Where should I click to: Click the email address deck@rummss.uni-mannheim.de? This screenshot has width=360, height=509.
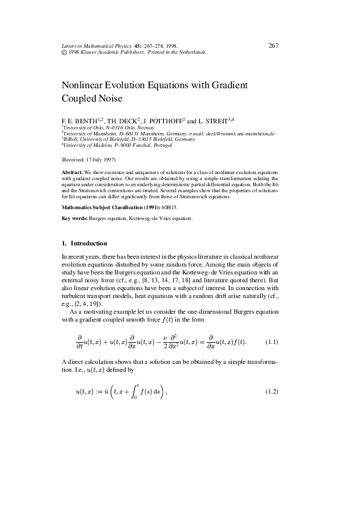[x=240, y=133]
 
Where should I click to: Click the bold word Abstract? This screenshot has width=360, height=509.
[x=72, y=172]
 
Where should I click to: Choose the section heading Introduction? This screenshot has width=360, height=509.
[x=89, y=244]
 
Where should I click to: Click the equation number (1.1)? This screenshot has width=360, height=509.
[x=272, y=342]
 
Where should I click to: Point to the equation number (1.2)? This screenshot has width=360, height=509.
[x=272, y=392]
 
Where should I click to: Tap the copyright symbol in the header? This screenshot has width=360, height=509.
[x=65, y=53]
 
